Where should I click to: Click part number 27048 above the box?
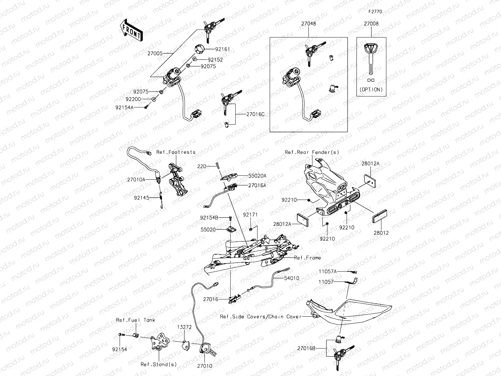pos(308,24)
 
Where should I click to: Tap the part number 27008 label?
pos(371,24)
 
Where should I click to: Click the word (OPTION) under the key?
pos(371,90)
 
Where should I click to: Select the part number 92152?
pos(215,60)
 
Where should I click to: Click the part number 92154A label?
pos(125,107)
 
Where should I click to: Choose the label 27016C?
pos(255,114)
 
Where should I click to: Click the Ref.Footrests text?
pos(176,152)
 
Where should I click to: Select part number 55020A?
pos(257,176)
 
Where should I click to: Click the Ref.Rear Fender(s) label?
pos(312,152)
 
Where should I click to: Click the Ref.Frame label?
pos(307,258)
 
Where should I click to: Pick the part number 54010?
pos(291,278)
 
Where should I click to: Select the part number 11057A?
pos(327,271)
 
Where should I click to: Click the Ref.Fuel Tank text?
pos(136,320)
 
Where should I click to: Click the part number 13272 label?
pos(184,327)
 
